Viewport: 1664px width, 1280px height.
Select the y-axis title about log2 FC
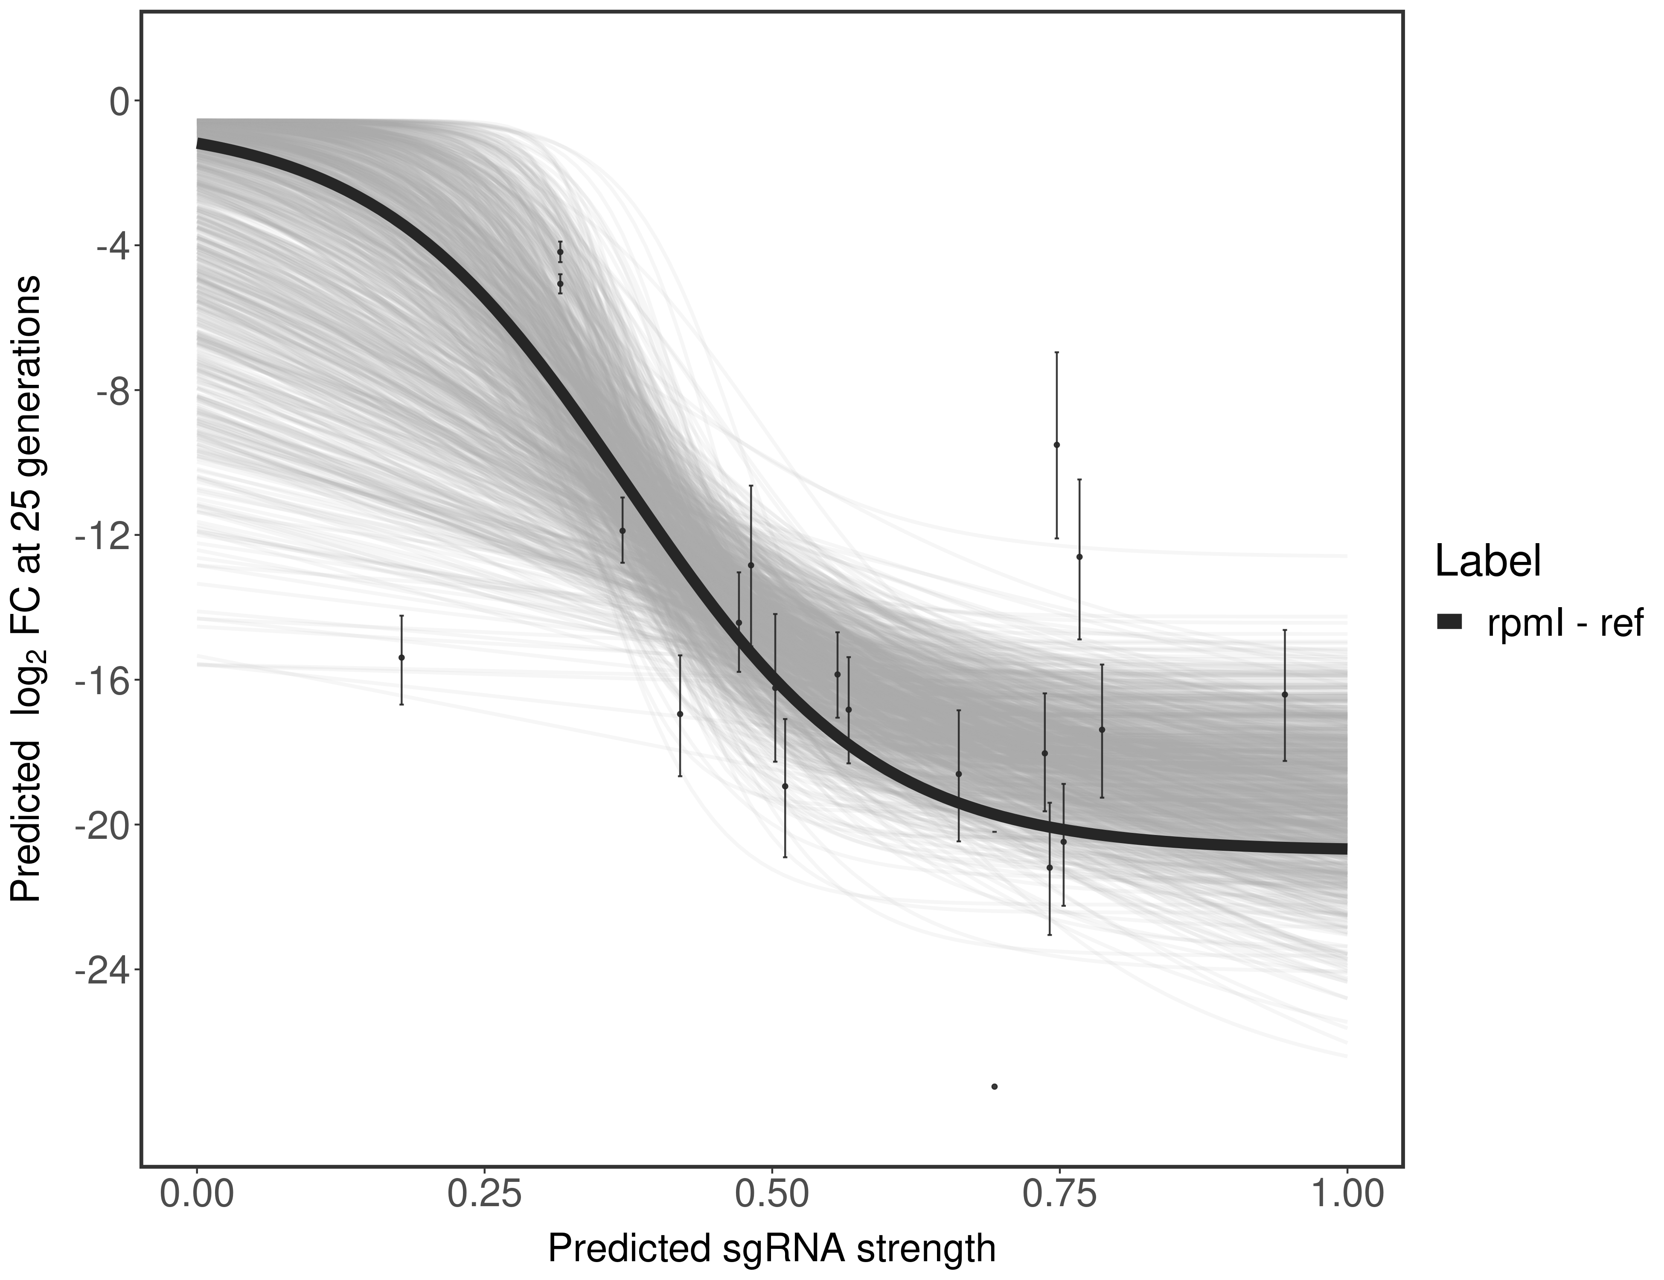(29, 588)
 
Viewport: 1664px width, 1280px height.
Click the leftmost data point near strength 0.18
(401, 657)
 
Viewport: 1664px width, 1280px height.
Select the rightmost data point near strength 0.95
(1285, 695)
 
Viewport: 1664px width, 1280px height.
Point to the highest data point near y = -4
(560, 251)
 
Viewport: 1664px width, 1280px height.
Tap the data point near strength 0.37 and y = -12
(623, 531)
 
